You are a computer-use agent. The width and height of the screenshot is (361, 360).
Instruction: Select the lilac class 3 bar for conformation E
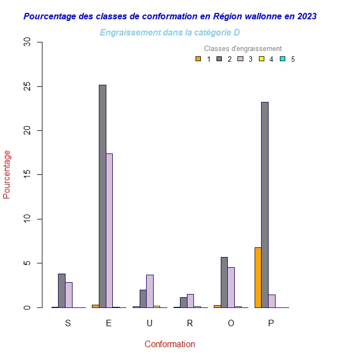109,231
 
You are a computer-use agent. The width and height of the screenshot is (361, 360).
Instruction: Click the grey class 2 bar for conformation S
62,291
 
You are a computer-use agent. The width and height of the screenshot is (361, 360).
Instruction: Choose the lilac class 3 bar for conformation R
190,301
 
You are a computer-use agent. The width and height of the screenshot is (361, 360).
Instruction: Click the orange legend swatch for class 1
198,59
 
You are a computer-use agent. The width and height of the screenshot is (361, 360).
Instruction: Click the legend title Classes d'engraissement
243,49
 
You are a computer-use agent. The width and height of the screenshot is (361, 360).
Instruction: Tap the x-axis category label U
150,323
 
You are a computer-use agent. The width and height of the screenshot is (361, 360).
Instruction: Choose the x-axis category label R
190,323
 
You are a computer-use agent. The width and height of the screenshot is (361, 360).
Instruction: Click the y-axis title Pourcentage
7,174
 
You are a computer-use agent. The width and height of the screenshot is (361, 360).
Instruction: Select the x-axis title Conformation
170,344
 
